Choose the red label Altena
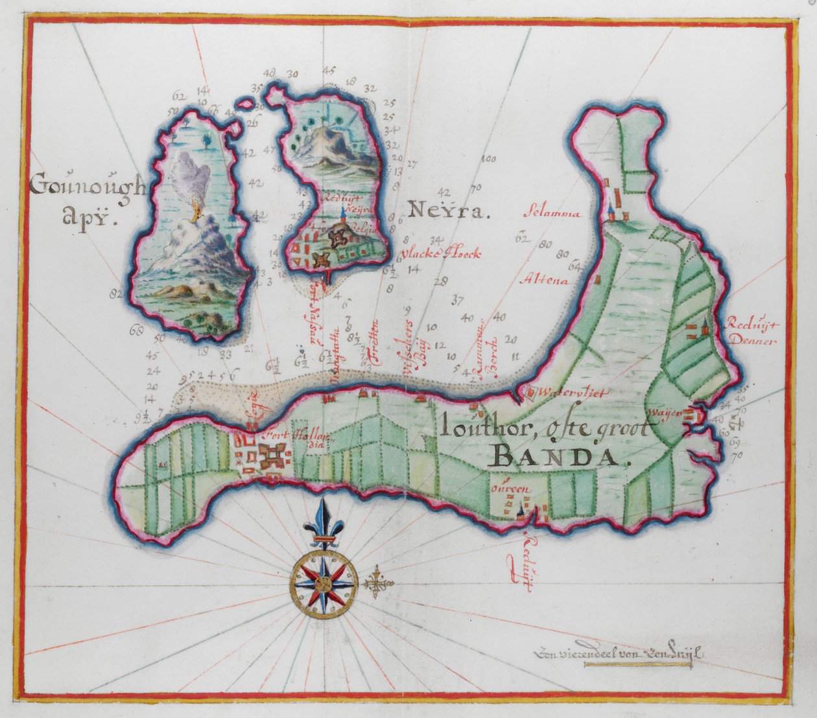[545, 281]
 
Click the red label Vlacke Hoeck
[441, 254]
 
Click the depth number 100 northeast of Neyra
[488, 159]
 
